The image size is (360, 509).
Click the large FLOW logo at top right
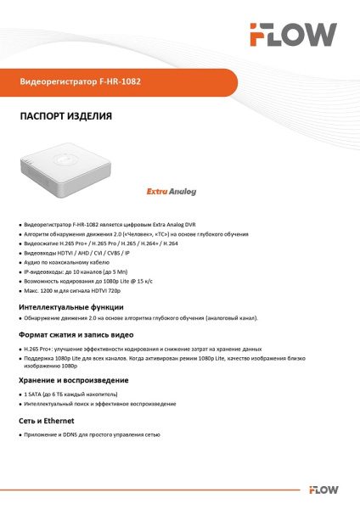coord(293,35)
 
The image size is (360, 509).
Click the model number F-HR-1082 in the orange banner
coord(120,82)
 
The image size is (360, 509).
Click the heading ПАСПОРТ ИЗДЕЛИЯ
coord(65,115)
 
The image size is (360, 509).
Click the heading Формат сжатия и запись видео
coord(76,336)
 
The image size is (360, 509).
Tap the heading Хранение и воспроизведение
coord(74,380)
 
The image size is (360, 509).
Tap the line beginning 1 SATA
coord(76,394)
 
